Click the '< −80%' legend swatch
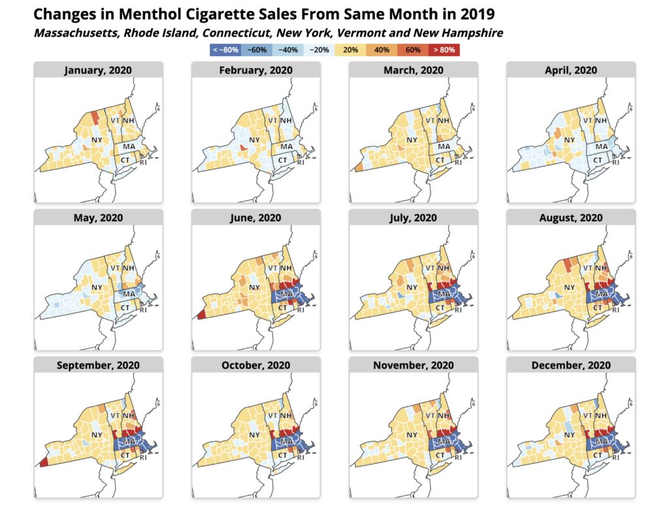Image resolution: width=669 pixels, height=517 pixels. coord(225,50)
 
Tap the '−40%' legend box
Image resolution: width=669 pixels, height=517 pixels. coord(287,50)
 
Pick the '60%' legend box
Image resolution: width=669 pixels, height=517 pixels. coord(413,50)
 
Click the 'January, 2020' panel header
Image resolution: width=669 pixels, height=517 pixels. coord(98,70)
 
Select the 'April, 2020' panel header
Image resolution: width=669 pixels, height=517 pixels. coord(570,70)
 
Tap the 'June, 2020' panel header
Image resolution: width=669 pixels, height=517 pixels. coord(255,218)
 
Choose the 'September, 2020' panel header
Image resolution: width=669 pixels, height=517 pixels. coord(98,365)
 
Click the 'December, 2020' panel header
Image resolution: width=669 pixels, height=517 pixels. coord(570,365)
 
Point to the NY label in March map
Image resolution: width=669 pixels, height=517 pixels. coord(412,141)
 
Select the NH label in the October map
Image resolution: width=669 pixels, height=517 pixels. coord(286,416)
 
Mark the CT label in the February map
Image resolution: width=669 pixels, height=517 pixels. coord(283,160)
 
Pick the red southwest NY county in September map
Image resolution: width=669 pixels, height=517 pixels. coord(44,462)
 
